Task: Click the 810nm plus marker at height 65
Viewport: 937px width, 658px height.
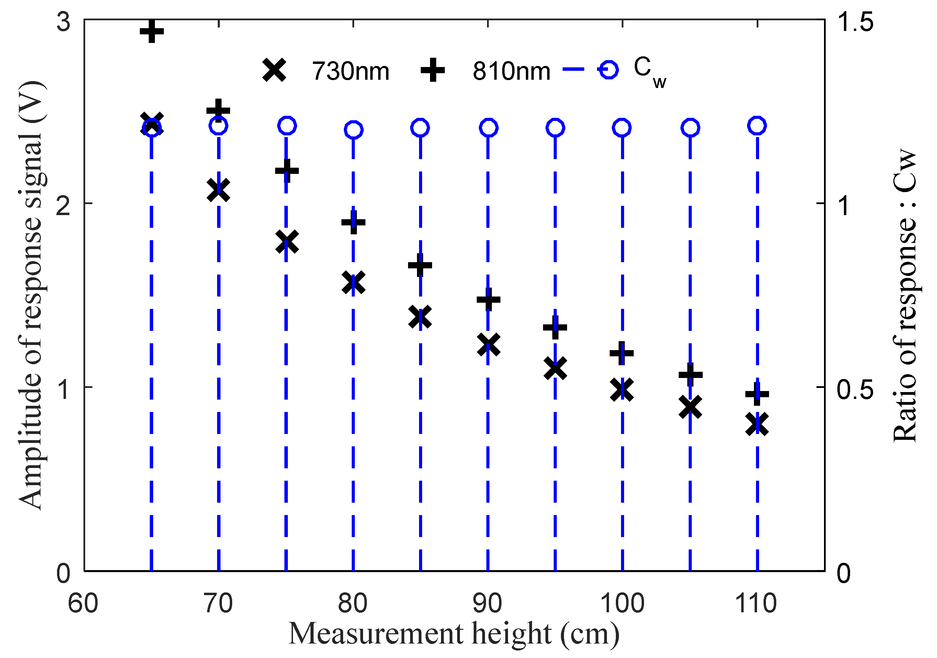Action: [x=151, y=31]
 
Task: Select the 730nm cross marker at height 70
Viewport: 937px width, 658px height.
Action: [x=218, y=190]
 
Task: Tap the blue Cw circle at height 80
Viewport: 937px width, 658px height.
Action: [x=353, y=130]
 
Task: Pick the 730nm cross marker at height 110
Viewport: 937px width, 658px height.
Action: [x=757, y=424]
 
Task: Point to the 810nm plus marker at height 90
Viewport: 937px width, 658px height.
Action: [x=488, y=300]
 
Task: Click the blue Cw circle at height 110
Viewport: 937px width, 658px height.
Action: [x=757, y=126]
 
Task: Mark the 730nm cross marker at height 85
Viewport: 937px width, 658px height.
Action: [x=420, y=317]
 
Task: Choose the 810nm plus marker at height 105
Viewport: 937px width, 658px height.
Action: [x=690, y=374]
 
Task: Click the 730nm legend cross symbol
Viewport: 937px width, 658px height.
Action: [x=274, y=70]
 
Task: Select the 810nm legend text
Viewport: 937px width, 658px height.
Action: [x=511, y=72]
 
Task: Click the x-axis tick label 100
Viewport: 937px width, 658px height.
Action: [x=622, y=603]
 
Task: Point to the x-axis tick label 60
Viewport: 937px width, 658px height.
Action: [x=83, y=603]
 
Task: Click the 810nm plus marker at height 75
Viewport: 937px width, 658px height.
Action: [x=286, y=170]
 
